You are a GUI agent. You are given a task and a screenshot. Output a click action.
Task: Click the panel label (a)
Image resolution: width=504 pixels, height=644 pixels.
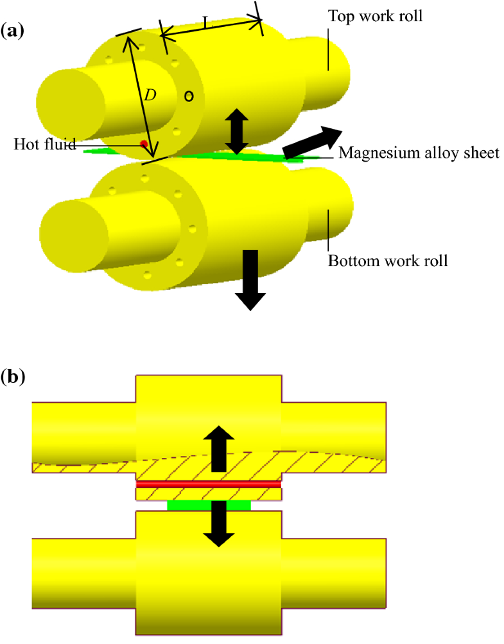13,30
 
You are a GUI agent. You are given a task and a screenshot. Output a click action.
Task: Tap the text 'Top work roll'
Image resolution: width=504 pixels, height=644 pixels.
375,16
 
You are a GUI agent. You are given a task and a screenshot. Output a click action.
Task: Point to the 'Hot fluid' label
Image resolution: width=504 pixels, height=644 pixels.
44,144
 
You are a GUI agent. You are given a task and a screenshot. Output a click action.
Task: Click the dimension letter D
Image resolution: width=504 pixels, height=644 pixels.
150,95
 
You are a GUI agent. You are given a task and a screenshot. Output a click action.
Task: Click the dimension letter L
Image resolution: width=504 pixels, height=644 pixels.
205,23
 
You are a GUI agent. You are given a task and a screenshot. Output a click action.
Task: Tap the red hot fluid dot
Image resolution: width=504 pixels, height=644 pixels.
144,144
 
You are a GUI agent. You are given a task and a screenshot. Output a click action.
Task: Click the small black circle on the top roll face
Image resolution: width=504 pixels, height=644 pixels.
189,96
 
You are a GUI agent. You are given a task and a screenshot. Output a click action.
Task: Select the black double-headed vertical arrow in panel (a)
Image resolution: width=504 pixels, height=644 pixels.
236,131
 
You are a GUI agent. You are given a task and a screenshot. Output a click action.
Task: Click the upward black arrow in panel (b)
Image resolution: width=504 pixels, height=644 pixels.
219,448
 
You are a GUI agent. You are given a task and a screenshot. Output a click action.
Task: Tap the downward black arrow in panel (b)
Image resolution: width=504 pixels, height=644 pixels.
219,523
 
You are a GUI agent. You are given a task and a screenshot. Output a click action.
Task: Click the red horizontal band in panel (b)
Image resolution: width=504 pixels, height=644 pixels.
208,484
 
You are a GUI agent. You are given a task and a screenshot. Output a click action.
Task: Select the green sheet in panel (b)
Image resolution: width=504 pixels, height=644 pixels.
209,505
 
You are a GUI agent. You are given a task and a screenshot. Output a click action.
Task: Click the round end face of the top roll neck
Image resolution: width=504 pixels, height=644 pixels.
71,102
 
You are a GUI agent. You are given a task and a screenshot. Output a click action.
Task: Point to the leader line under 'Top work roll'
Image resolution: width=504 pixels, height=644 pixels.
329,48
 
